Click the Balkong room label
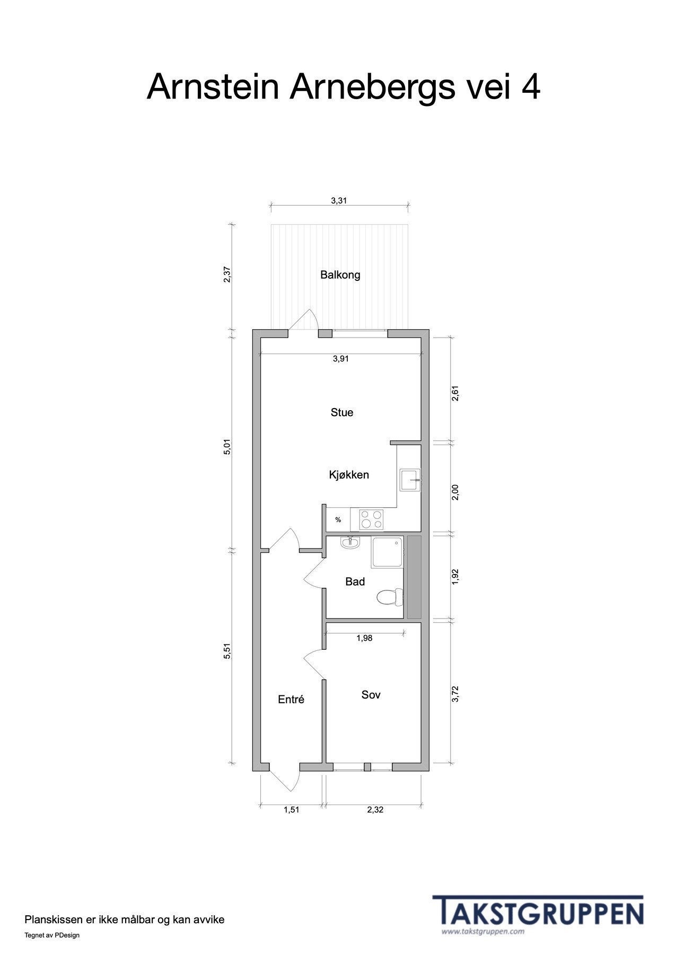[x=340, y=275]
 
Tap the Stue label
[x=341, y=412]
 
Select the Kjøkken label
[x=349, y=475]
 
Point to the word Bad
[x=355, y=582]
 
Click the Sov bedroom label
[x=371, y=695]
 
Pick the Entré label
[x=291, y=700]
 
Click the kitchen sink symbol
[x=410, y=480]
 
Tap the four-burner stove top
[x=371, y=519]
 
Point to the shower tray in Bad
[x=388, y=552]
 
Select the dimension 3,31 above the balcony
[x=339, y=200]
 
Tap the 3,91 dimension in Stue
[x=340, y=359]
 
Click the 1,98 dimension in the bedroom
[x=364, y=638]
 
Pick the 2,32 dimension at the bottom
[x=375, y=810]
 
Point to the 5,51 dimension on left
[x=227, y=651]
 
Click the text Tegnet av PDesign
[x=52, y=935]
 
